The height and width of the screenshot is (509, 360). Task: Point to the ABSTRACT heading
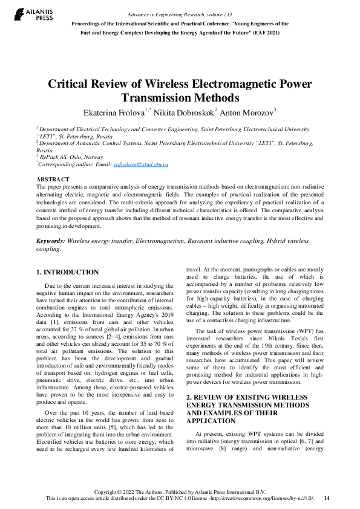coord(53,180)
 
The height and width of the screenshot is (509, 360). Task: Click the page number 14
coord(327,498)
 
